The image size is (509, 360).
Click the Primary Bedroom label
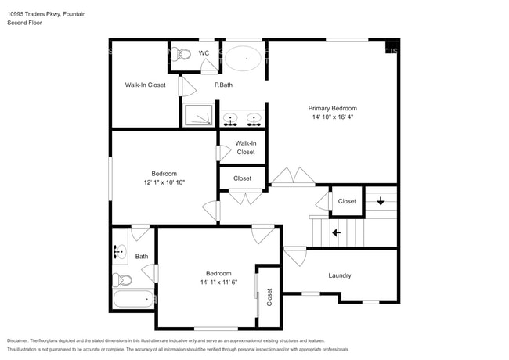coord(332,108)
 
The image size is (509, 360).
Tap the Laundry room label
coord(340,275)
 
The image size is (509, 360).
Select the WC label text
coord(204,53)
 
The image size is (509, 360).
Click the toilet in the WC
coord(182,54)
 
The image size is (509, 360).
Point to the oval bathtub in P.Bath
coord(245,56)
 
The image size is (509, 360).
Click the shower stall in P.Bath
coord(198,115)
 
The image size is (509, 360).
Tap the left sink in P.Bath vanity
coord(231,119)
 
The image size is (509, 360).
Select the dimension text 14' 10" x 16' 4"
coord(332,117)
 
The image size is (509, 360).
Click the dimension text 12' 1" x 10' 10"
coord(164,182)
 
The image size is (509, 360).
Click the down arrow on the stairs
coord(381,201)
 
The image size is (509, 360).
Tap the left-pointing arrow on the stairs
coord(336,232)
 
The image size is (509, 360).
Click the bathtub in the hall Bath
coord(134,298)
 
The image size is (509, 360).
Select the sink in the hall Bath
coord(120,252)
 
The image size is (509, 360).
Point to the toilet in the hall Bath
coord(121,279)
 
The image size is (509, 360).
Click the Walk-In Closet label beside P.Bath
coord(145,85)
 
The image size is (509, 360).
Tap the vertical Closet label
coord(269,297)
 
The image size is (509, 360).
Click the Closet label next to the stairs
coord(347,201)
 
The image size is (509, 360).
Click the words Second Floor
coord(25,23)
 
